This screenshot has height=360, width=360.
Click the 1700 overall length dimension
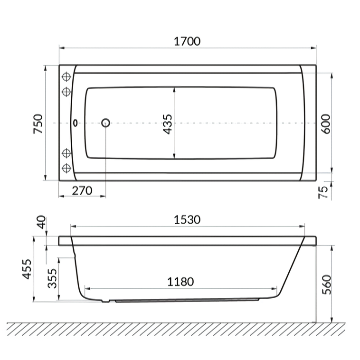(x=187, y=41)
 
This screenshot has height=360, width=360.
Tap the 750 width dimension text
(x=38, y=123)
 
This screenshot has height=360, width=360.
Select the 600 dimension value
(x=325, y=123)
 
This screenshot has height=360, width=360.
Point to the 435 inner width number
(x=168, y=123)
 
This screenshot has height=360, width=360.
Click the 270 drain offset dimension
(x=82, y=191)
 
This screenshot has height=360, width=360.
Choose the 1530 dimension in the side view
(x=187, y=219)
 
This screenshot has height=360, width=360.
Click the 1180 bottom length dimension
(x=180, y=282)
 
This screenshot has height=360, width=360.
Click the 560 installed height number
(x=325, y=284)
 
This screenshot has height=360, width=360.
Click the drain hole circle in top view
(x=105, y=123)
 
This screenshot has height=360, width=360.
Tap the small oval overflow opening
(x=75, y=123)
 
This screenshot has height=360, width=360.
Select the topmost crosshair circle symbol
(x=66, y=77)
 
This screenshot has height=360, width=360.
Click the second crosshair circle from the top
(x=66, y=90)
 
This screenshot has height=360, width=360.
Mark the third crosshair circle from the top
(x=66, y=153)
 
